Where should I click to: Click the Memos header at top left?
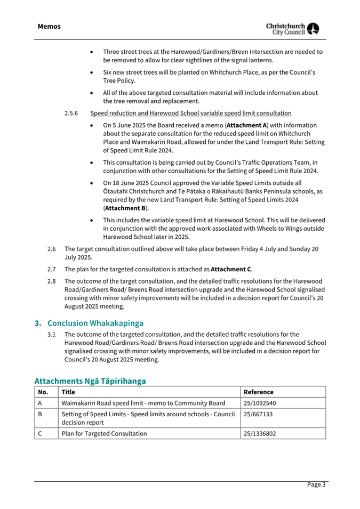pos(49,26)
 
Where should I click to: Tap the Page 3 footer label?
pos(316,484)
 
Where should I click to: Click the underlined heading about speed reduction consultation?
pos(191,113)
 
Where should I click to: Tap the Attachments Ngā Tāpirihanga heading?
pos(90,381)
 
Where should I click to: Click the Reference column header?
pos(259,392)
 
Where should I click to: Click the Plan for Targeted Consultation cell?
pos(105,433)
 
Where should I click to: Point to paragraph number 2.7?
pos(52,269)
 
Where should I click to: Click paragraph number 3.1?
pos(52,335)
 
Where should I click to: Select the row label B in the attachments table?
pos(40,414)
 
